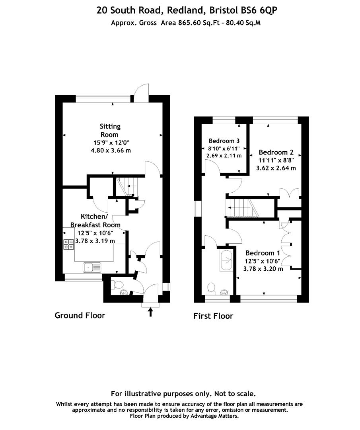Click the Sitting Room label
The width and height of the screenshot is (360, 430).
pos(110,131)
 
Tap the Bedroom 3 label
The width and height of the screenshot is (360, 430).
pos(224,141)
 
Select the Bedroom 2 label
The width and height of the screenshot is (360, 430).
pos(276,152)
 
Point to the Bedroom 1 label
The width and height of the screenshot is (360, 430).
pos(263,253)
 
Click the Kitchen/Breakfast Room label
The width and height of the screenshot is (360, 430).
pos(95,221)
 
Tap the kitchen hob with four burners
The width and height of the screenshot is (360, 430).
pos(68,244)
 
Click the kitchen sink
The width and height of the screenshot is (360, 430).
pos(92,268)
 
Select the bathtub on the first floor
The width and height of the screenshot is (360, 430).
pos(226,260)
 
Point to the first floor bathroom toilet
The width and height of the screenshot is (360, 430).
pos(211,289)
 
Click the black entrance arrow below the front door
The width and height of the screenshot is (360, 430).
pos(150,312)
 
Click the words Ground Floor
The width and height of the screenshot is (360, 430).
pos(80,315)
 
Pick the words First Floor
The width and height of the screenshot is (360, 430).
pos(213,316)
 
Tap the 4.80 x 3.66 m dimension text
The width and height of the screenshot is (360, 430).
pos(111,150)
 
